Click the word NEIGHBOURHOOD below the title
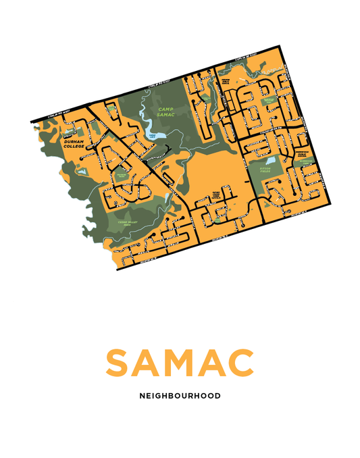179,396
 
